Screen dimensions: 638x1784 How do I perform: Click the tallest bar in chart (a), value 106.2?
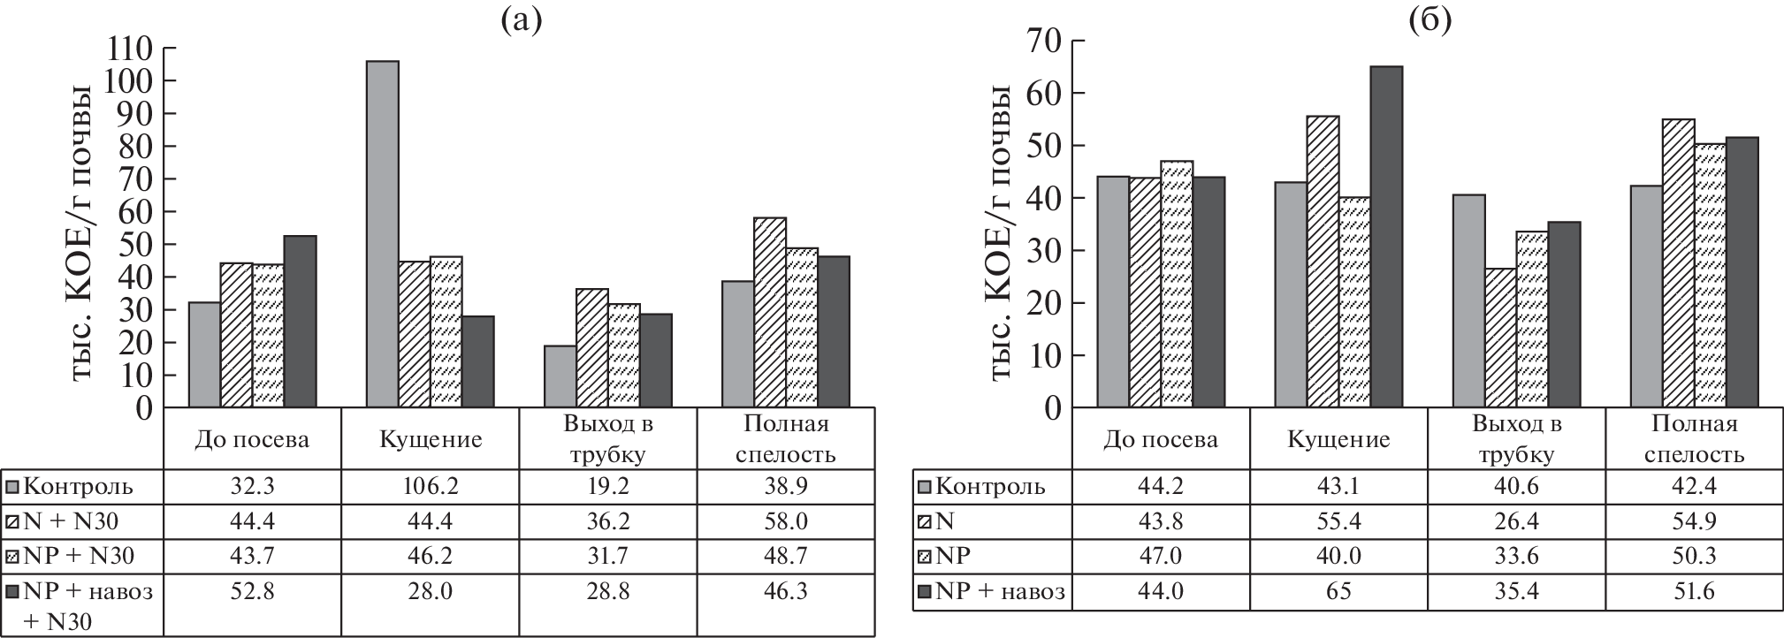click(382, 234)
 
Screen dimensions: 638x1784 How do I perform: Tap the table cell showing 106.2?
click(430, 487)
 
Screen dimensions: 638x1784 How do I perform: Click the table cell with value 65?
click(1338, 591)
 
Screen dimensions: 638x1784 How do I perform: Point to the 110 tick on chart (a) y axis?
click(129, 48)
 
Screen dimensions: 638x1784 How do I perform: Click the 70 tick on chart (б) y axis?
click(1043, 41)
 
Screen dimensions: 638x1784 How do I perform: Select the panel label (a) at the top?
click(521, 19)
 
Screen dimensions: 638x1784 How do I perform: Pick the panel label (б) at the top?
click(1429, 19)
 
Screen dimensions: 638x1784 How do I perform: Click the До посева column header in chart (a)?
click(252, 440)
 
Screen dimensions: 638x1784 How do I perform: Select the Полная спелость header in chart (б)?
click(1695, 439)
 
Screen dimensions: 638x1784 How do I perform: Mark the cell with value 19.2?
click(607, 487)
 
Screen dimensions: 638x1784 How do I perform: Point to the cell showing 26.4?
click(1516, 521)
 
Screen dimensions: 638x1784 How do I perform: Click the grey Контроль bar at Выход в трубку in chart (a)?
click(560, 376)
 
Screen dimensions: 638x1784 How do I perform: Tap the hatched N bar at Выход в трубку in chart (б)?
click(1500, 338)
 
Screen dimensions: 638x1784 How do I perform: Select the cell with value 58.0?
click(786, 521)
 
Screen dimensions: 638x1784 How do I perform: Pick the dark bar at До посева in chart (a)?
click(300, 322)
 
